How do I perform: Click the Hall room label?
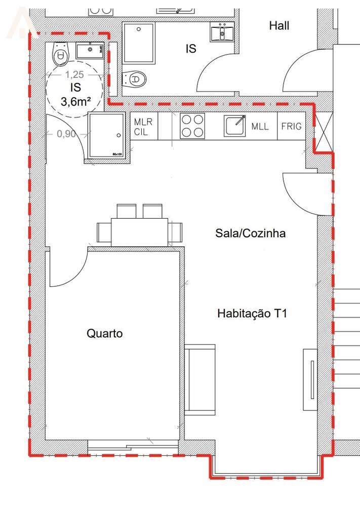pyautogui.click(x=279, y=25)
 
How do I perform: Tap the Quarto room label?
pyautogui.click(x=105, y=333)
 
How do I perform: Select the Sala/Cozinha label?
pyautogui.click(x=250, y=233)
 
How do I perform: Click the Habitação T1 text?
pyautogui.click(x=252, y=313)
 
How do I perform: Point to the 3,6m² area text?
pyautogui.click(x=76, y=101)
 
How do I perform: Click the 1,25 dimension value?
pyautogui.click(x=74, y=74)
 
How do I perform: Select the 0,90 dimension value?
pyautogui.click(x=66, y=135)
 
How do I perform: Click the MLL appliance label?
pyautogui.click(x=260, y=126)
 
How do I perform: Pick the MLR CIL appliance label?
pyautogui.click(x=143, y=126)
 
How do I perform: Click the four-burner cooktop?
pyautogui.click(x=192, y=126)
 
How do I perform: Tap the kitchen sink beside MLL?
pyautogui.click(x=235, y=125)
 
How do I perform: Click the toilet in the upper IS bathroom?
pyautogui.click(x=134, y=79)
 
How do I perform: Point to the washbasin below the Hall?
pyautogui.click(x=222, y=33)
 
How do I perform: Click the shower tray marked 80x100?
pyautogui.click(x=106, y=135)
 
